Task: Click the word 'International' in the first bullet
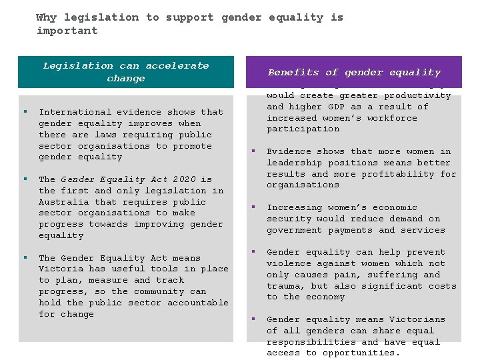click(75, 112)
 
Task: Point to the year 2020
click(185, 179)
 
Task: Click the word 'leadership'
click(295, 163)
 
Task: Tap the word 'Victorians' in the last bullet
click(417, 319)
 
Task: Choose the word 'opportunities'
click(364, 353)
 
